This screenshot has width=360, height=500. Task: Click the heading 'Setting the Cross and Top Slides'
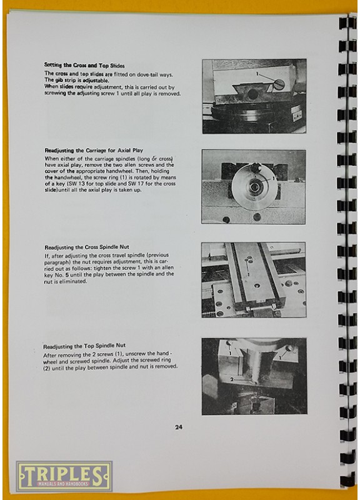click(84, 66)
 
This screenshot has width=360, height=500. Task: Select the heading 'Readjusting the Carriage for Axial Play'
click(94, 150)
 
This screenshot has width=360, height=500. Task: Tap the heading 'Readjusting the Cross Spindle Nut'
click(87, 247)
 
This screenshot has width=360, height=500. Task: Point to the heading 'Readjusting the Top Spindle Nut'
click(84, 346)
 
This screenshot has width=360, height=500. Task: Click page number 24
click(179, 427)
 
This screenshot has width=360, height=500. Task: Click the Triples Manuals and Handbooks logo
click(64, 476)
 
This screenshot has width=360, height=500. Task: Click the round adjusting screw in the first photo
click(279, 84)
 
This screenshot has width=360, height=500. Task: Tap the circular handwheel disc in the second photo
click(254, 187)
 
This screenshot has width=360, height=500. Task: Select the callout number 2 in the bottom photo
click(232, 379)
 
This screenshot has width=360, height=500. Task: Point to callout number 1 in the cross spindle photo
click(248, 274)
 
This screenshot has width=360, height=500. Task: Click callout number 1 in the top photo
click(257, 74)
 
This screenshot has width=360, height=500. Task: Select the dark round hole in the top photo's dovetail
click(253, 94)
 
